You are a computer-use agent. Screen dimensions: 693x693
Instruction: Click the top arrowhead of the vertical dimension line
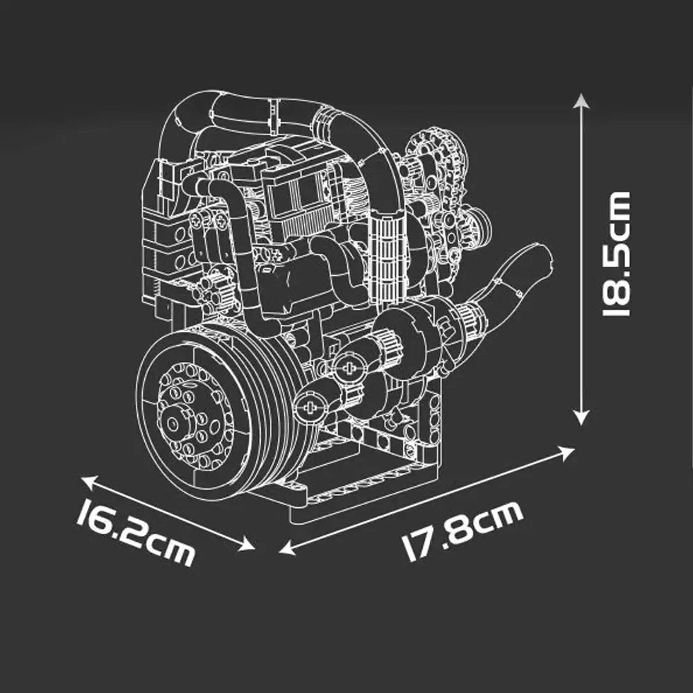[581, 102]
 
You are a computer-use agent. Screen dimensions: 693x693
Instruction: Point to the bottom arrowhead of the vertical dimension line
[581, 418]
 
